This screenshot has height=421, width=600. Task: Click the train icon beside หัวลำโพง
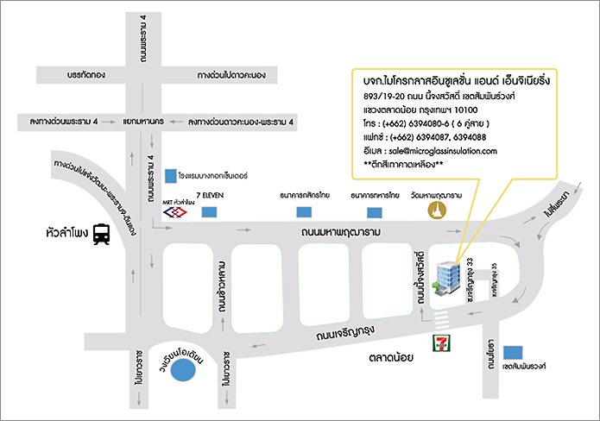coord(101,233)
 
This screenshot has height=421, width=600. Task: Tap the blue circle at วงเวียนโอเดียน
coord(183,370)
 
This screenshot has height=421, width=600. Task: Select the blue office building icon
coord(446,278)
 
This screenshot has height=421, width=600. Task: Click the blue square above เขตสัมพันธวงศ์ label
coord(515,352)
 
